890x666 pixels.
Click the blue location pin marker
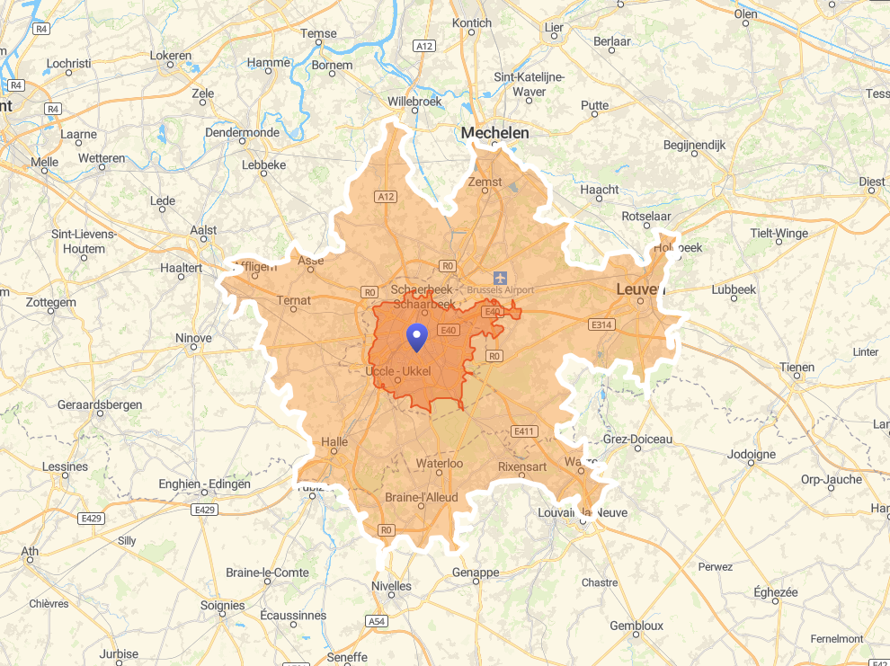(416, 337)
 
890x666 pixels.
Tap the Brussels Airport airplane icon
(500, 276)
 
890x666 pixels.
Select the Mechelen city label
(494, 133)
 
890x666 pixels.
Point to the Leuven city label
(640, 289)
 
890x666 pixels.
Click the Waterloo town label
(439, 464)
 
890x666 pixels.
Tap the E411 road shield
(524, 431)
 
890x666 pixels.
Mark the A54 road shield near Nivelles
(377, 621)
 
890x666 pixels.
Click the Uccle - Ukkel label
(399, 371)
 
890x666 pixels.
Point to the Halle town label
(334, 442)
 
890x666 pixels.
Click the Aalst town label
(204, 230)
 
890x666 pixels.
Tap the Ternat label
(294, 300)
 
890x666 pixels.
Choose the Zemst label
(485, 182)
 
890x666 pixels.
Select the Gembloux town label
(636, 626)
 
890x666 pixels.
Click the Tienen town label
(797, 367)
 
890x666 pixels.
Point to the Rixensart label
(522, 466)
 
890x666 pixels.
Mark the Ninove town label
(193, 338)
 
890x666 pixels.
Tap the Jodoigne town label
(751, 454)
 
